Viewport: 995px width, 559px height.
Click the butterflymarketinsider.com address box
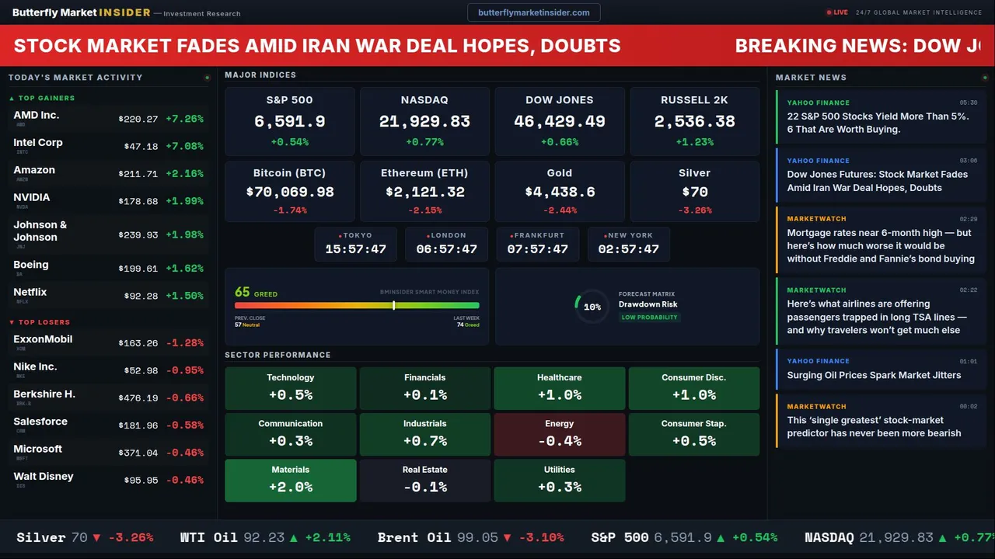[533, 12]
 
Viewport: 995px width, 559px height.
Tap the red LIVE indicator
[837, 12]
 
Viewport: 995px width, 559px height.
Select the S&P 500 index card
[289, 121]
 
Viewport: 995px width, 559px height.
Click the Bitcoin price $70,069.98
[289, 192]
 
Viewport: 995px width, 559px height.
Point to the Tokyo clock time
[355, 249]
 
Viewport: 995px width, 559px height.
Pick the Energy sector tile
[559, 434]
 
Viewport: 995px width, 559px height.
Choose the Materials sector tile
[290, 480]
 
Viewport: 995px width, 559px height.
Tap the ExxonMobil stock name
[43, 339]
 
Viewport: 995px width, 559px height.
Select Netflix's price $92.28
[141, 296]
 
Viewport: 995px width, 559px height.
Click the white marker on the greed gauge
[394, 305]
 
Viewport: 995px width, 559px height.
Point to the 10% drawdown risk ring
[592, 307]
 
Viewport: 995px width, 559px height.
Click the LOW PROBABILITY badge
[649, 318]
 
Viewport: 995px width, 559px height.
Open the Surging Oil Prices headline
[874, 375]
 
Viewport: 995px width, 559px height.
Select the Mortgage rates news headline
[880, 245]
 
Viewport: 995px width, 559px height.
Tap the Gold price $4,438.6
[559, 192]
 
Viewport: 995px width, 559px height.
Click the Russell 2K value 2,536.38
[694, 121]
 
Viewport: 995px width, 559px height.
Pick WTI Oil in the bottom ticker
[208, 537]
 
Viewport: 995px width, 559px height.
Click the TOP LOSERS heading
[44, 322]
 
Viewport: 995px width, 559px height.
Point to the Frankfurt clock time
[537, 249]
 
